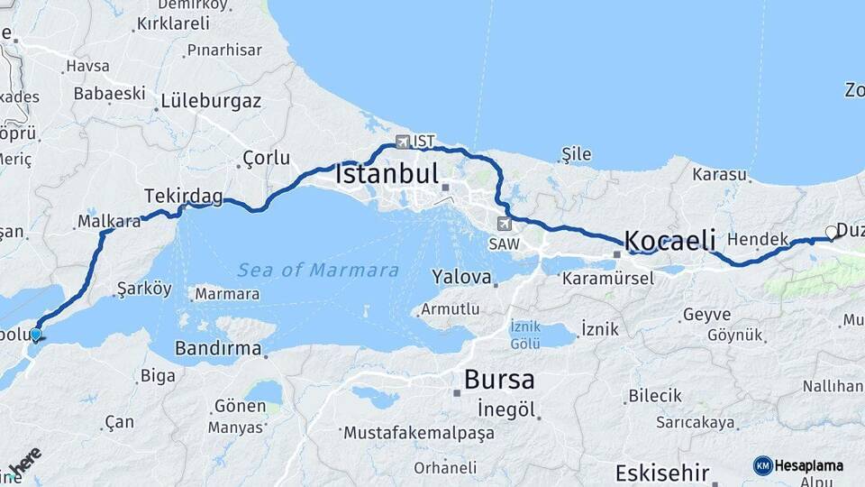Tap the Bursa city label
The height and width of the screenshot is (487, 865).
click(x=498, y=380)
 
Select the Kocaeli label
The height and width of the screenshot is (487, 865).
click(x=669, y=241)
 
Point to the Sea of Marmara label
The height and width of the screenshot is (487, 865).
click(x=318, y=270)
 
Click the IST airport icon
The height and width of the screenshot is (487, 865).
click(x=403, y=142)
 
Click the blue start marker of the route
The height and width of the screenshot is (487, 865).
click(x=35, y=335)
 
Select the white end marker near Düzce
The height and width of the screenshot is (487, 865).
click(x=832, y=232)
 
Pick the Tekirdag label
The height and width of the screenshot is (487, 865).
click(x=183, y=196)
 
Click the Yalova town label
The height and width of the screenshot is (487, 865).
click(x=461, y=277)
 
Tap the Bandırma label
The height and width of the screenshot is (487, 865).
click(x=218, y=348)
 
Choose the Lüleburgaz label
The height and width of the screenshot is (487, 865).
click(x=211, y=101)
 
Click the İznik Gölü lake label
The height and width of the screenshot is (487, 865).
click(x=524, y=335)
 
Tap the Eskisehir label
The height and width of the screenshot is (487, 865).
click(x=663, y=473)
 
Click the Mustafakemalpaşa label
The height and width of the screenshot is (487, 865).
click(x=419, y=433)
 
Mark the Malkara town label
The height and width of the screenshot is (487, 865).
click(x=109, y=220)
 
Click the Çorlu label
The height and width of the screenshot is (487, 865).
click(x=267, y=159)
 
